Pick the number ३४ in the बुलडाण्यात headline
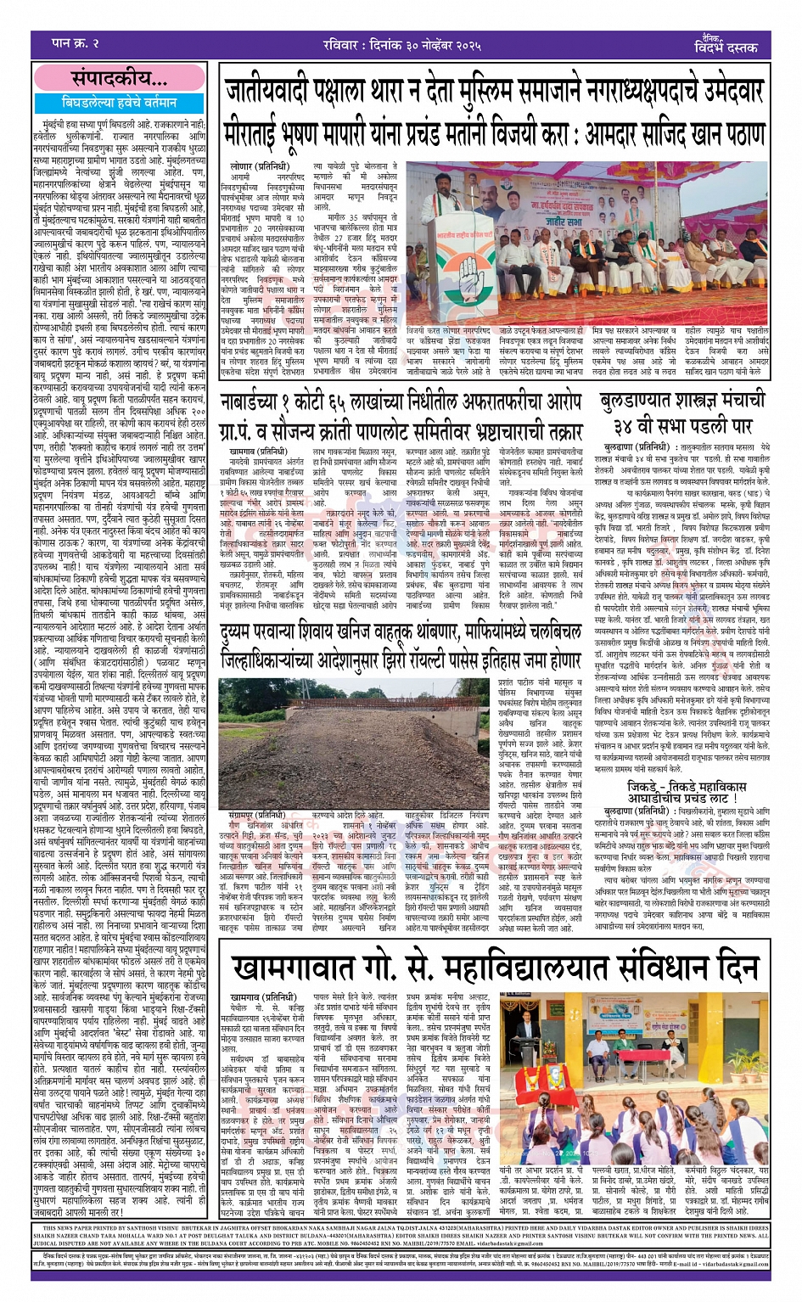click(x=624, y=424)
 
